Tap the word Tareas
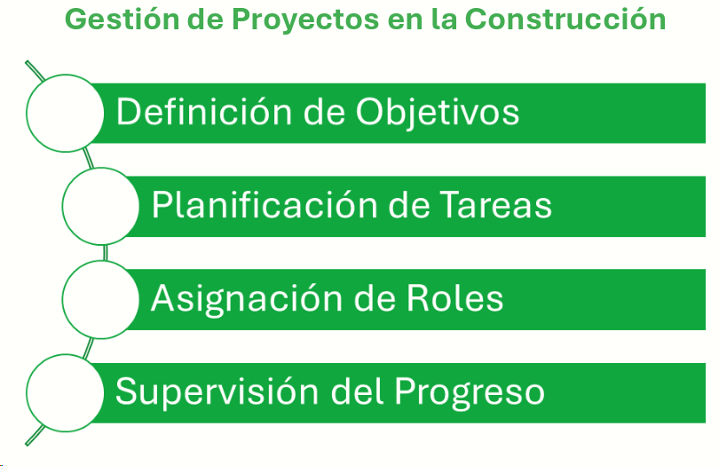[x=496, y=206]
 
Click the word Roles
[x=454, y=298]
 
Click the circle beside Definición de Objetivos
[x=64, y=112]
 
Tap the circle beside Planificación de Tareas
[x=99, y=205]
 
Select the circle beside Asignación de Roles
[x=99, y=298]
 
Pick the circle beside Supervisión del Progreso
[x=64, y=391]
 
